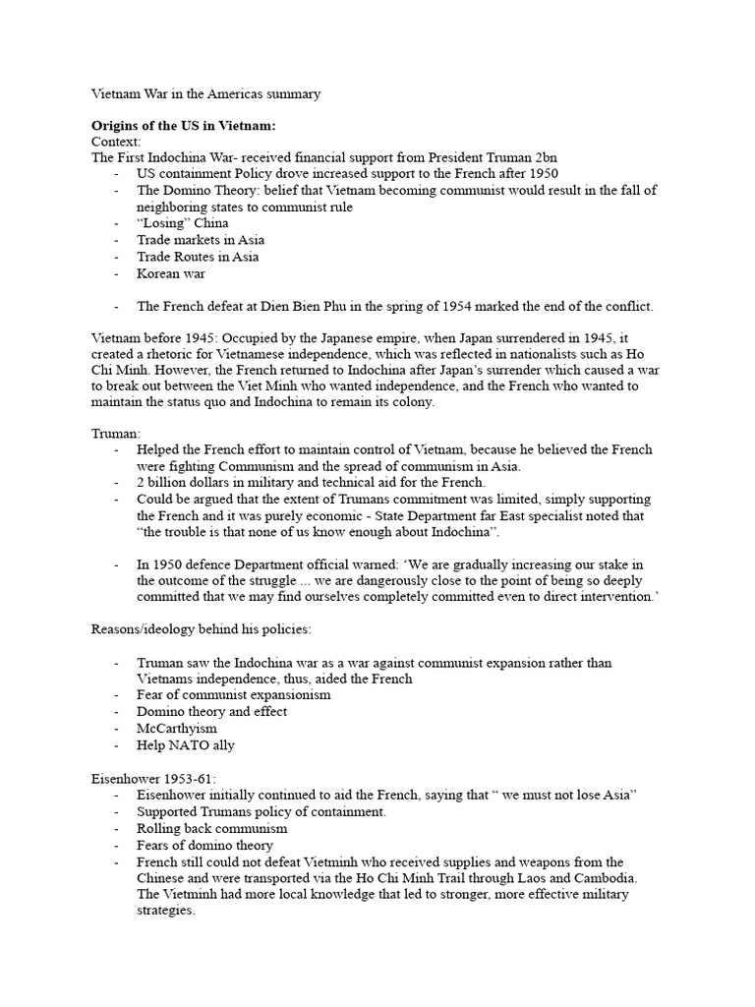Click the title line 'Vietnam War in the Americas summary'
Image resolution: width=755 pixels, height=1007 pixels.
pos(205,94)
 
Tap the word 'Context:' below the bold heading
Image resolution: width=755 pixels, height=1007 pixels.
pos(116,143)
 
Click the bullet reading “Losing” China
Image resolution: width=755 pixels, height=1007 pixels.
pos(183,223)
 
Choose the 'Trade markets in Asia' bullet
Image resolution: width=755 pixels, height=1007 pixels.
pos(201,240)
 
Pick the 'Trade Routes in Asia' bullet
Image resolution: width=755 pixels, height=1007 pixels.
pos(198,257)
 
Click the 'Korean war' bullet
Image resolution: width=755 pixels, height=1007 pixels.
pos(171,273)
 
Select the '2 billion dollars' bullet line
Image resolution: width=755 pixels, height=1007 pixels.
pos(311,482)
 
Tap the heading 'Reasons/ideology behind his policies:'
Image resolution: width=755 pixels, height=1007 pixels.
pos(211,628)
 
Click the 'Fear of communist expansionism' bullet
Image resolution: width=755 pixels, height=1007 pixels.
pos(234,694)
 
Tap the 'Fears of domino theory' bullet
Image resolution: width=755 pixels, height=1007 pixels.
pos(204,845)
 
